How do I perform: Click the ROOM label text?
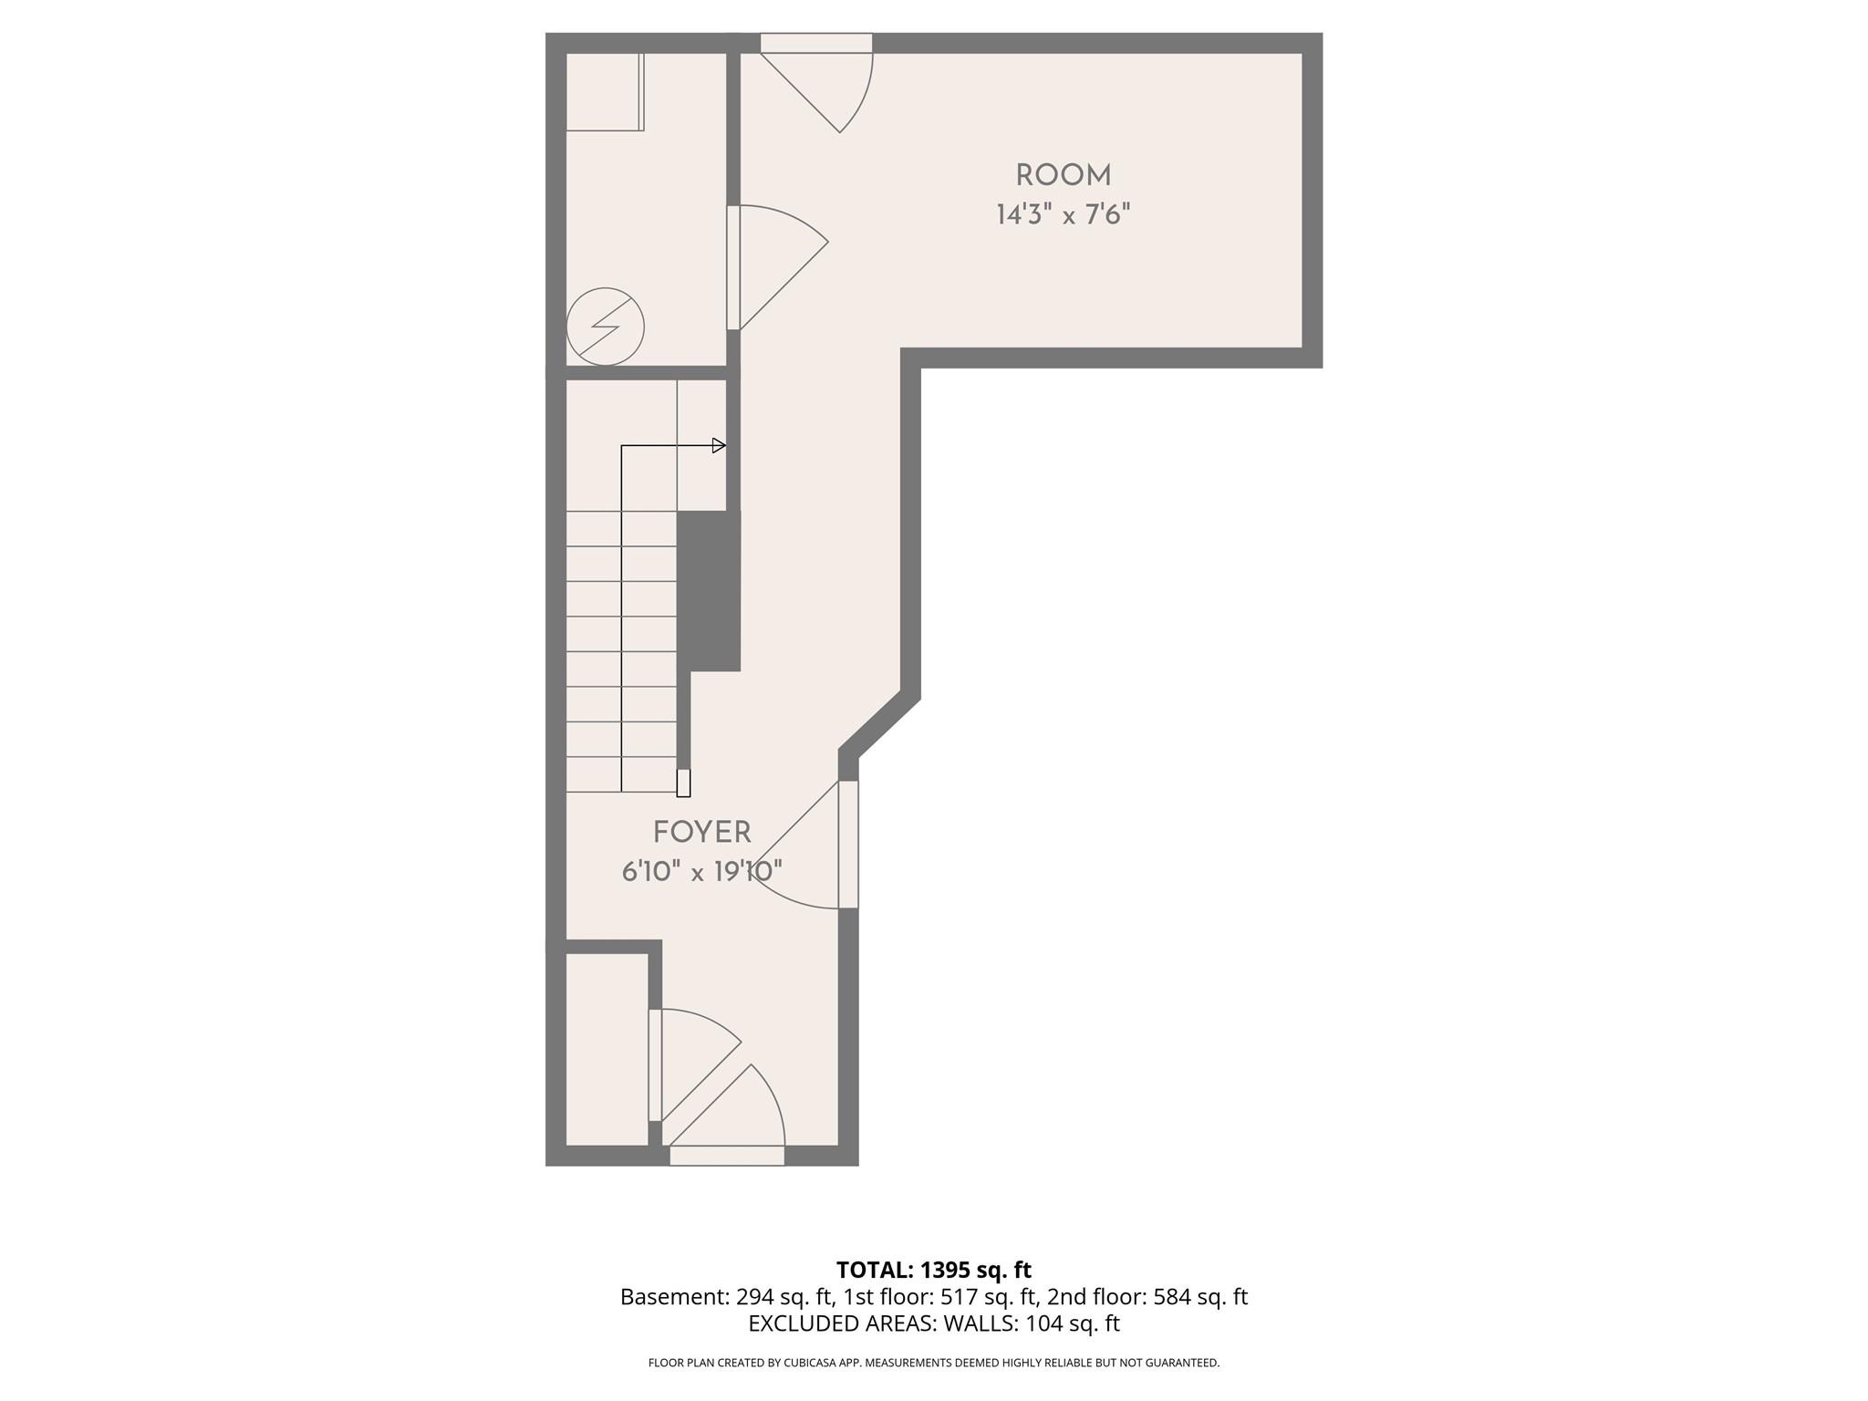click(1063, 175)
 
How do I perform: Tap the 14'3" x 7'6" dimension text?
click(1063, 215)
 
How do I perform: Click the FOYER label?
click(701, 832)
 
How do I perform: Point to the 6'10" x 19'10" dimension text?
click(701, 872)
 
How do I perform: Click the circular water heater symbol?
click(605, 327)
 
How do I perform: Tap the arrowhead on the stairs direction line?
click(719, 446)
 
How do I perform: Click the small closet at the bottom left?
click(607, 1049)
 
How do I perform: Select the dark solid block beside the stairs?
click(709, 590)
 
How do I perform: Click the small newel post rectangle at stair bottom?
click(683, 784)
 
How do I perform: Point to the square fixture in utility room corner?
click(604, 91)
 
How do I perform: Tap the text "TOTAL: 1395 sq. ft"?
click(933, 1270)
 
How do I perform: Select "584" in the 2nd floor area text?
click(1173, 1297)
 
